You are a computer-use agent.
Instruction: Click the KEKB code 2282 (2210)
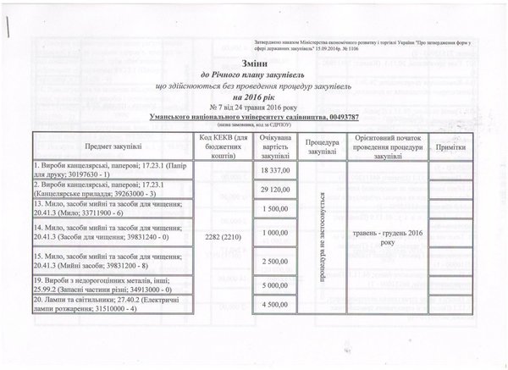point(219,236)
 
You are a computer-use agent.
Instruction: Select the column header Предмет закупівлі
point(101,146)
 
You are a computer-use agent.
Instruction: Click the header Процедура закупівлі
point(323,146)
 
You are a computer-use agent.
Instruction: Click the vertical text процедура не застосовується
point(323,236)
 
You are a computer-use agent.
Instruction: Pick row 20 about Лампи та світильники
point(101,305)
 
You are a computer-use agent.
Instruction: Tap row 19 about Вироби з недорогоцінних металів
point(101,286)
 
